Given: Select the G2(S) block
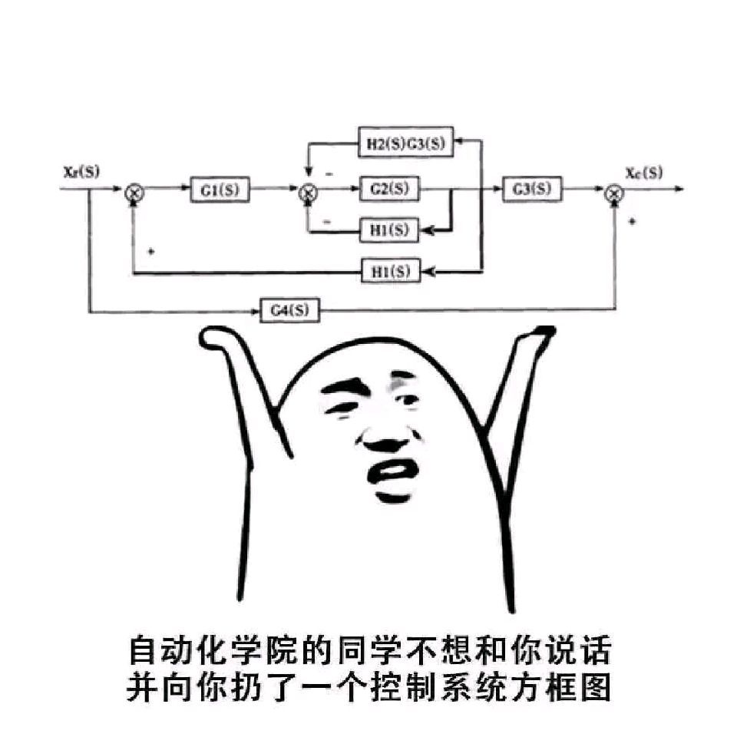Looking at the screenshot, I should pyautogui.click(x=389, y=189).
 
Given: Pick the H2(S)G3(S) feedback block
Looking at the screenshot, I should pyautogui.click(x=406, y=143).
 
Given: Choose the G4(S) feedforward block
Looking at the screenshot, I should pyautogui.click(x=289, y=310).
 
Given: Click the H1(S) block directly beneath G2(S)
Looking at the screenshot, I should pyautogui.click(x=390, y=230).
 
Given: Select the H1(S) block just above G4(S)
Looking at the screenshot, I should pyautogui.click(x=390, y=271).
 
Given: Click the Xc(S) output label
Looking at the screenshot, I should pyautogui.click(x=643, y=172).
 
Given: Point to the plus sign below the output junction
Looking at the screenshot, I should pyautogui.click(x=632, y=221).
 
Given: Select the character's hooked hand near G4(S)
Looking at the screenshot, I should pyautogui.click(x=217, y=338).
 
